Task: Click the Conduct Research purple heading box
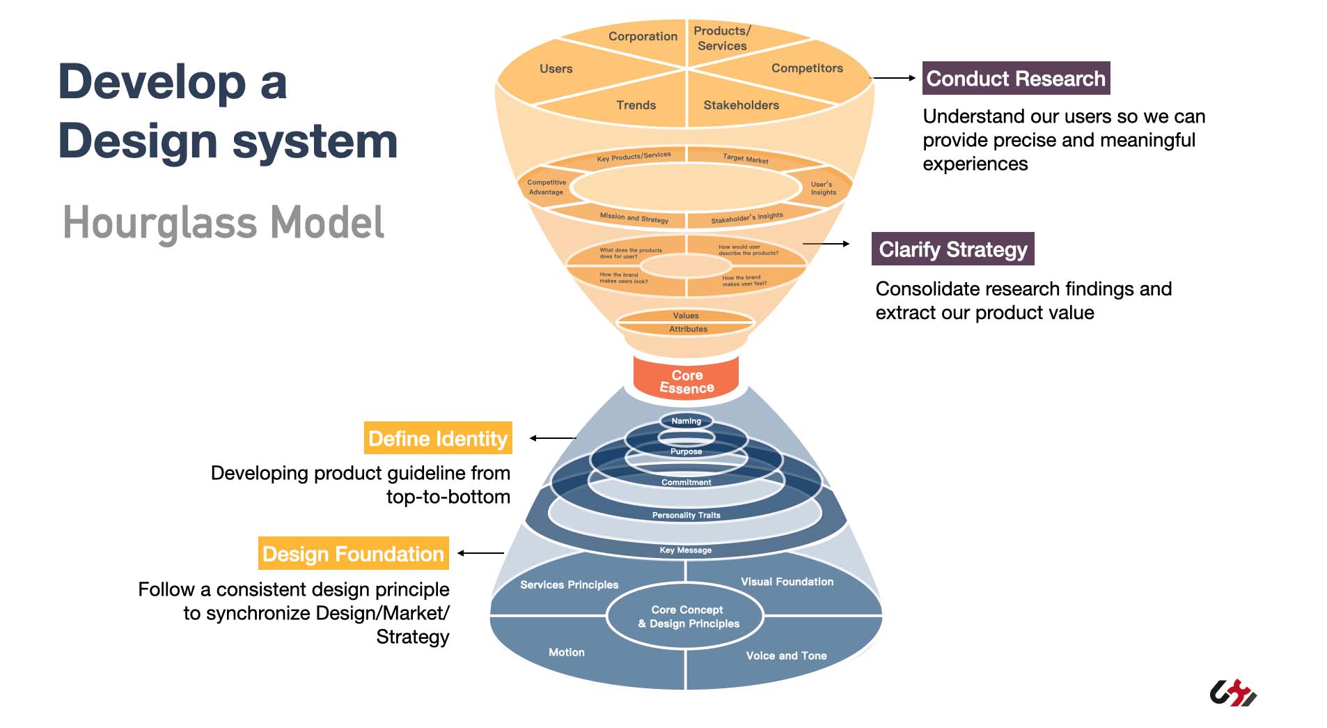pyautogui.click(x=1015, y=79)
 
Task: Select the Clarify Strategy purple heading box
pyautogui.click(x=952, y=249)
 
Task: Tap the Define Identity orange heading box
pyautogui.click(x=438, y=438)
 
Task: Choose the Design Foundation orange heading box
pyautogui.click(x=353, y=554)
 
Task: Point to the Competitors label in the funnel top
pyautogui.click(x=807, y=68)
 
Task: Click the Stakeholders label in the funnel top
pyautogui.click(x=741, y=105)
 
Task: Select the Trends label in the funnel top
pyautogui.click(x=636, y=105)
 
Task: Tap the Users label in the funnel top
pyautogui.click(x=556, y=69)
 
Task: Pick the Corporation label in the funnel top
pyautogui.click(x=643, y=36)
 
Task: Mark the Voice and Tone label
pyautogui.click(x=786, y=656)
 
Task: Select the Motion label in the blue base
pyautogui.click(x=566, y=652)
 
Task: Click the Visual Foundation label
pyautogui.click(x=787, y=582)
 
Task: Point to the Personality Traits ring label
pyautogui.click(x=686, y=515)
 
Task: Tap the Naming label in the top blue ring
pyautogui.click(x=686, y=421)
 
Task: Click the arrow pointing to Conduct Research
pyautogui.click(x=894, y=78)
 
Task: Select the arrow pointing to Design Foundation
pyautogui.click(x=480, y=553)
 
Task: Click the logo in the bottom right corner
pyautogui.click(x=1233, y=692)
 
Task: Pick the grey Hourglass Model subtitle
pyautogui.click(x=223, y=223)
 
